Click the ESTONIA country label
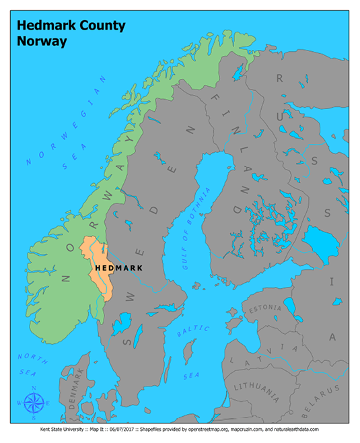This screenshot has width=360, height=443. tap(266, 310)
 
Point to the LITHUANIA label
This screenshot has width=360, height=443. tap(256, 389)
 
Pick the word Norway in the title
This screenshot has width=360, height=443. tap(42, 41)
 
